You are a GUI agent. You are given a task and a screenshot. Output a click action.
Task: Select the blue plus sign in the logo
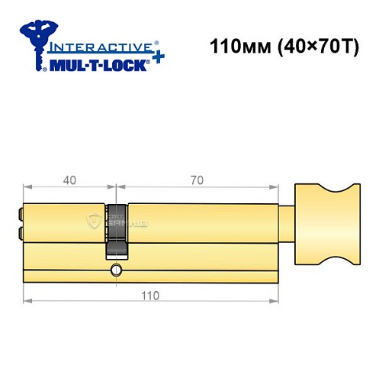click(156, 58)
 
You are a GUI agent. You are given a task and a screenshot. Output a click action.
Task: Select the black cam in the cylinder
click(117, 229)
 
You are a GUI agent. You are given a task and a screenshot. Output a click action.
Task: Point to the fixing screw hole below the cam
click(116, 270)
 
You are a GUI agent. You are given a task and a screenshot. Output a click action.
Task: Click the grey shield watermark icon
click(95, 221)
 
